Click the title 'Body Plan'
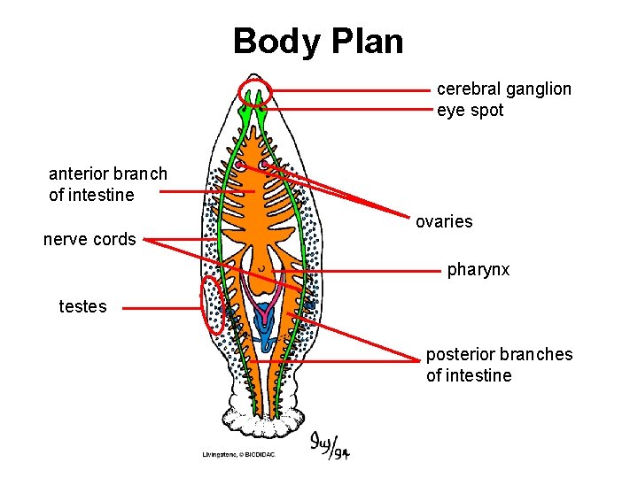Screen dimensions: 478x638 click(x=318, y=41)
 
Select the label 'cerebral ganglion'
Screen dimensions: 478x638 click(x=503, y=89)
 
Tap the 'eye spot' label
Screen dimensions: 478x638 click(x=470, y=111)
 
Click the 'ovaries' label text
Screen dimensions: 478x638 click(x=444, y=221)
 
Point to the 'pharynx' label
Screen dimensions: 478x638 click(x=478, y=269)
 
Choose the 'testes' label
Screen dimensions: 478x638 click(x=82, y=307)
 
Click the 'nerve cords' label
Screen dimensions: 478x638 click(x=89, y=239)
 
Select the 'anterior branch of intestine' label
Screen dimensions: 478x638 click(x=107, y=184)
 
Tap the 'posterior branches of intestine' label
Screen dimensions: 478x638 click(x=499, y=365)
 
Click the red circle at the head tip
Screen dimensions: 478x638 click(x=255, y=92)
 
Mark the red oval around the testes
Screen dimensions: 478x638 click(x=213, y=305)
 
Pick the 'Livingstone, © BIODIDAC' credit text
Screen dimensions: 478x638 click(x=239, y=454)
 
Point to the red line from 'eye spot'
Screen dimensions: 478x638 click(x=354, y=108)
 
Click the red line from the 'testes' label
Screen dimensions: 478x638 click(x=159, y=308)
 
